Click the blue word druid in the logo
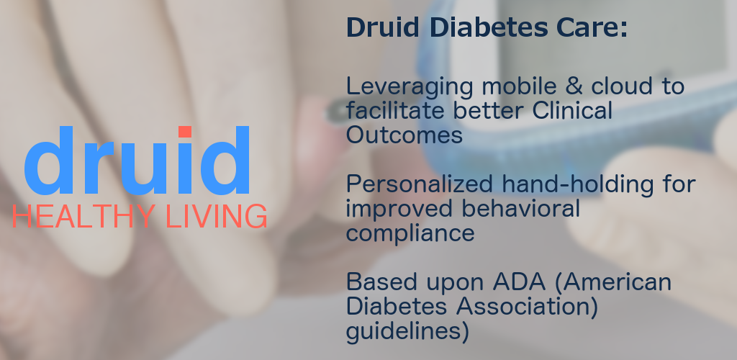point(137,161)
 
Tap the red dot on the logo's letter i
point(185,132)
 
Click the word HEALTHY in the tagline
point(83,216)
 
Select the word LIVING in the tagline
point(217,216)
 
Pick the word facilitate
point(395,110)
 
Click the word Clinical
point(572,110)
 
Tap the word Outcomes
point(404,135)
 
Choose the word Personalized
point(420,184)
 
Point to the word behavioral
point(521,208)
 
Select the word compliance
point(410,233)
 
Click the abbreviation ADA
point(519,282)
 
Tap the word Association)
point(527,307)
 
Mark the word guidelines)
point(407,331)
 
